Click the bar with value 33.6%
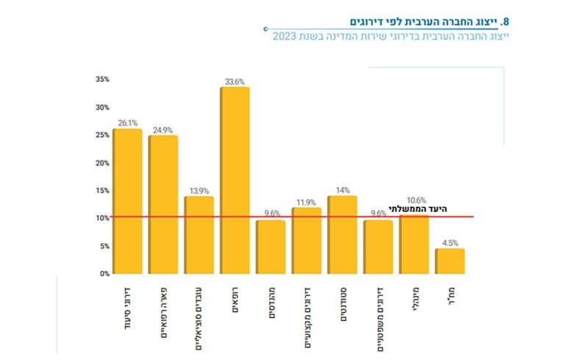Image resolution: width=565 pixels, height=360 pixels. pos(235,180)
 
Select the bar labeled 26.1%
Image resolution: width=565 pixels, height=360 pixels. pos(127,201)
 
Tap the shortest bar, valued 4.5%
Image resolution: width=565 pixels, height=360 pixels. pos(449,261)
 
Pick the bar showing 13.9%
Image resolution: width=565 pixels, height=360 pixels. pos(199,235)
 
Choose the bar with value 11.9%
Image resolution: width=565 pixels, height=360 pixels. pos(306,241)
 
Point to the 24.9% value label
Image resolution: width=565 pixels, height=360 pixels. pos(163,130)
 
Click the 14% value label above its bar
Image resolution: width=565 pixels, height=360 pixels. pos(342,190)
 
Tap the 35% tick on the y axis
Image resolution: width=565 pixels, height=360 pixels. pos(102,79)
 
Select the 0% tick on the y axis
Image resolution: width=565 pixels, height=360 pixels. pos(104,273)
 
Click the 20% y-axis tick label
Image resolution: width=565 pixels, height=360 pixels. pos(102,163)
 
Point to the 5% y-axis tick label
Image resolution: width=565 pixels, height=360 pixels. pos(104,246)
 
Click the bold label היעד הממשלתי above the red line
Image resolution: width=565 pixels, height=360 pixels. pos(418,209)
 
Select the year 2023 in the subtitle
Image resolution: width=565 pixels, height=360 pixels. pos(283,37)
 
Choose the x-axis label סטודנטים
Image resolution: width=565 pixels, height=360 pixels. pos(342,306)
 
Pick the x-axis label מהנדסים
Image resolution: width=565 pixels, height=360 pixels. pos(271,304)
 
